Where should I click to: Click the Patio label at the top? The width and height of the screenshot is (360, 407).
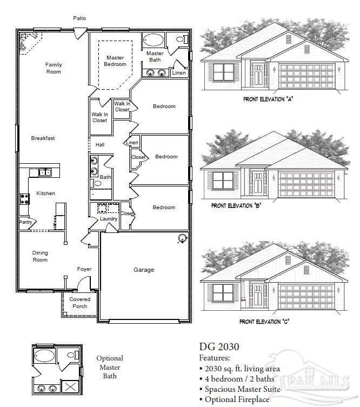(79, 18)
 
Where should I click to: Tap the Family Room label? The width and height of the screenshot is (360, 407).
(54, 68)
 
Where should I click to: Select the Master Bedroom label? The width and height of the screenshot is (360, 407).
(115, 61)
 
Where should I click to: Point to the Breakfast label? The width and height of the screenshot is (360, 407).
(43, 138)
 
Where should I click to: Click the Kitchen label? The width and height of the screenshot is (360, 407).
(45, 194)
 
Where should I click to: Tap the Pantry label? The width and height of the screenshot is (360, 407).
(25, 222)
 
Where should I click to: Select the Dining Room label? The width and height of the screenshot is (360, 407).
(40, 256)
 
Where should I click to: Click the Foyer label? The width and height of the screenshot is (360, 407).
(84, 269)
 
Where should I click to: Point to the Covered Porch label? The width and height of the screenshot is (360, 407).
(79, 303)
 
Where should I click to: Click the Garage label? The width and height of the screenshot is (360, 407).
(144, 270)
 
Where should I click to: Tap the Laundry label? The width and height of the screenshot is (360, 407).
(109, 219)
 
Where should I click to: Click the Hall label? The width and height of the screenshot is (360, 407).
(100, 145)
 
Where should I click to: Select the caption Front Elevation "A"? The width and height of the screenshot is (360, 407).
(268, 99)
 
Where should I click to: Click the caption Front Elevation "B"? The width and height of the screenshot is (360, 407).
(237, 205)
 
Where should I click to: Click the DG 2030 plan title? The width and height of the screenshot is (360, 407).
(219, 346)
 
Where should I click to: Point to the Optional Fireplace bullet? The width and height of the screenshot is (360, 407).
(234, 399)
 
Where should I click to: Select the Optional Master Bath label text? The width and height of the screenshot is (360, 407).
(110, 367)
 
